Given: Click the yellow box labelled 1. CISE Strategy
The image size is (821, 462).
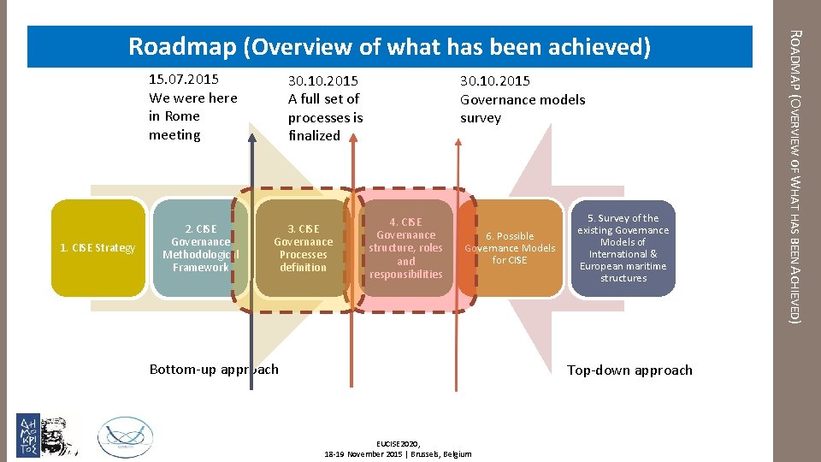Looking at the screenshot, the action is pos(97,248).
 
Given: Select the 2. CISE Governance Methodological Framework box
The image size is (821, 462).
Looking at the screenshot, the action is pos(201,248).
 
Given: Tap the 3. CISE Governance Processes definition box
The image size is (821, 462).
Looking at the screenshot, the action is pos(303,248).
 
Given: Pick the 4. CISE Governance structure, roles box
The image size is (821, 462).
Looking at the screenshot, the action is pos(406,248).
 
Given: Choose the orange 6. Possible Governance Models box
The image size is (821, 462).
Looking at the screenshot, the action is pos(510,248).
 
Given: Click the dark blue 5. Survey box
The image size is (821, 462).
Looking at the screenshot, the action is pos(623,248).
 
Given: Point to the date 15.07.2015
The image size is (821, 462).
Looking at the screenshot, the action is pos(184,80).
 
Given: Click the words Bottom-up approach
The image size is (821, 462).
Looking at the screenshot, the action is pos(214,370).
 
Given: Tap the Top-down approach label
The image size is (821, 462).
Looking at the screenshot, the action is pos(629,370).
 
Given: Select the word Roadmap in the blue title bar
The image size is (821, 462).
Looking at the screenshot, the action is pos(182,47).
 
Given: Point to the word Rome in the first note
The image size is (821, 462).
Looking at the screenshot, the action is pos(183,116).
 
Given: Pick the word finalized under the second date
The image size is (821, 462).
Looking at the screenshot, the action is pos(314,135).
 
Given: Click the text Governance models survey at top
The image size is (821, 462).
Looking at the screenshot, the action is pos(523,109).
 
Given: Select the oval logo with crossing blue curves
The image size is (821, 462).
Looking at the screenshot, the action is pos(127,435).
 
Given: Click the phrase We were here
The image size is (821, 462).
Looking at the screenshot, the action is pos(193,98).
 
